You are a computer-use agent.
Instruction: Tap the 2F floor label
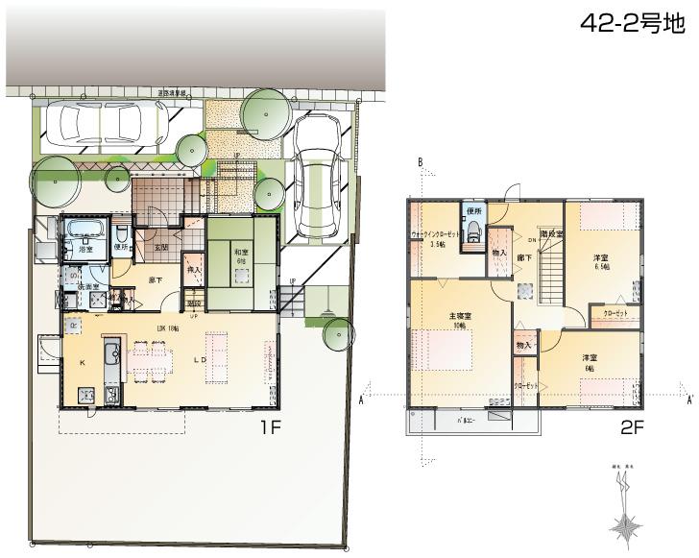tap(633, 429)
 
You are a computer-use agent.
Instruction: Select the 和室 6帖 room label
tap(241, 256)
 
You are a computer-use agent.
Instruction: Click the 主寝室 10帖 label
tap(459, 320)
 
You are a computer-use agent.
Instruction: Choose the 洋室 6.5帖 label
tap(601, 262)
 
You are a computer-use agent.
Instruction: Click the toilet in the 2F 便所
tap(471, 235)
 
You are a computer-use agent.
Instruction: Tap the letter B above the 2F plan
tap(420, 162)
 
